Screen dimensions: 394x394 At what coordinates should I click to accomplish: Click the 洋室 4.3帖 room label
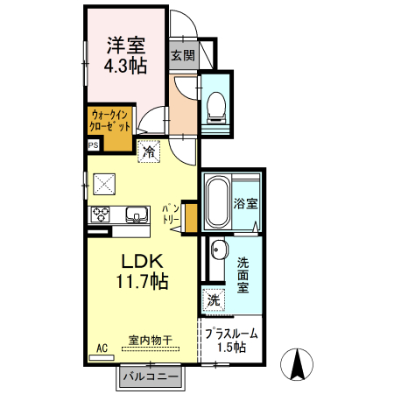click(126, 55)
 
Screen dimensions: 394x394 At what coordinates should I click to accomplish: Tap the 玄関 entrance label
click(183, 55)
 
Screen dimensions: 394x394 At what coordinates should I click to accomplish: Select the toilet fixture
click(216, 108)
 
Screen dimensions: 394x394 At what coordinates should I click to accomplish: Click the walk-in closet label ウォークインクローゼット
click(110, 121)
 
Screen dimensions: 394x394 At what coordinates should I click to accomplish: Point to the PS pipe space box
click(94, 145)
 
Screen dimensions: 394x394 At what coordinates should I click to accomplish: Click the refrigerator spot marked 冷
click(149, 151)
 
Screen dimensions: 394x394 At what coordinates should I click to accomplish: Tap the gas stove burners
click(100, 215)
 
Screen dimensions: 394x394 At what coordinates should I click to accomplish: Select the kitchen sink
click(137, 215)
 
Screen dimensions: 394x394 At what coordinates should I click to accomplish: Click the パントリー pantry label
click(171, 215)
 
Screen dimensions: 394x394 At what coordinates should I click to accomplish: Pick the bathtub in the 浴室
click(217, 202)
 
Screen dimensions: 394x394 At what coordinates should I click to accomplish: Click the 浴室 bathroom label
click(245, 203)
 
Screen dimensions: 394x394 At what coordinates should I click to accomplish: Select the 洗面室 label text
click(243, 275)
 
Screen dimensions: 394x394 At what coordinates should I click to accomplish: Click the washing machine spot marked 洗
click(214, 299)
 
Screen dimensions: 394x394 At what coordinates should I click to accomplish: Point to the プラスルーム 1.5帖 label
click(231, 340)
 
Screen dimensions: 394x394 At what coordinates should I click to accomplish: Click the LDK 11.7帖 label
click(143, 271)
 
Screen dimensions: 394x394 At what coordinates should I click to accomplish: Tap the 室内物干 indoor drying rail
click(151, 348)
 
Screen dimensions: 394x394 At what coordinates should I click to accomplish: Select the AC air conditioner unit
click(102, 357)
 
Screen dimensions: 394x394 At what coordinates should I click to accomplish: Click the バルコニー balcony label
click(151, 376)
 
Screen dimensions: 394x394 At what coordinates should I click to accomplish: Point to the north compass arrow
click(297, 363)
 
